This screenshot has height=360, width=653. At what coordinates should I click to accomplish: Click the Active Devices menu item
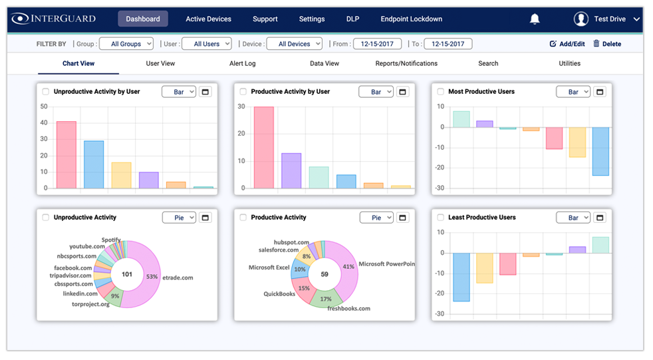coord(208,19)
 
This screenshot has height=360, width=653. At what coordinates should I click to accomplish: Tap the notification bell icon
coord(535,19)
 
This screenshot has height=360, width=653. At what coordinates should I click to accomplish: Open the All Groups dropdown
coord(126,44)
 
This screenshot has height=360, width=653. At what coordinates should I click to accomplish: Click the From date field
coord(374,44)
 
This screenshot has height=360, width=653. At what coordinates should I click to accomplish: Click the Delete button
coord(606,44)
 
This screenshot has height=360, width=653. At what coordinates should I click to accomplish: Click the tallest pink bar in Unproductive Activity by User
coord(66,154)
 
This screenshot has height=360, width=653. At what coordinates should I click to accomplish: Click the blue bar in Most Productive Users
coord(600,151)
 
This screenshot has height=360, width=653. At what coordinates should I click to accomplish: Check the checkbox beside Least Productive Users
coord(440,218)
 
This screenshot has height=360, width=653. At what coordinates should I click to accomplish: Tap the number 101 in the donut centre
coord(127,274)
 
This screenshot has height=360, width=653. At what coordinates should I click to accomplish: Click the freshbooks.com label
coord(348,309)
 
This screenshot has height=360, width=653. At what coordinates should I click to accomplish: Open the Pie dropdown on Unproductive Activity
coord(179,218)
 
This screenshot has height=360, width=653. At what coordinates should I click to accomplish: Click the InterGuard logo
coord(54,19)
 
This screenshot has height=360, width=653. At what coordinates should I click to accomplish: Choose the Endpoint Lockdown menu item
coord(411,19)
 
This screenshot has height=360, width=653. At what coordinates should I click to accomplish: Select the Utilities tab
coord(569,64)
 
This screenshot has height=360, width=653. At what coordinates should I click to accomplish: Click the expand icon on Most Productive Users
coord(600,92)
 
